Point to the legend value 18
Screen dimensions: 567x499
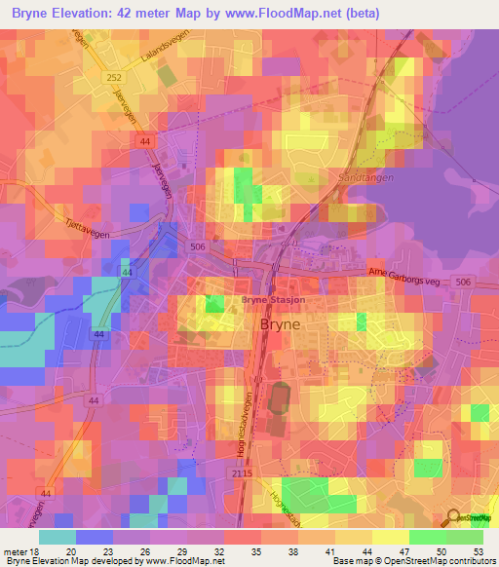(34, 550)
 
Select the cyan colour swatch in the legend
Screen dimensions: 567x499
(57, 536)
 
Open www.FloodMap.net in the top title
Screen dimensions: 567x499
(287, 13)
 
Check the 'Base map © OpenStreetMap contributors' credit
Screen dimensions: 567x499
(411, 561)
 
